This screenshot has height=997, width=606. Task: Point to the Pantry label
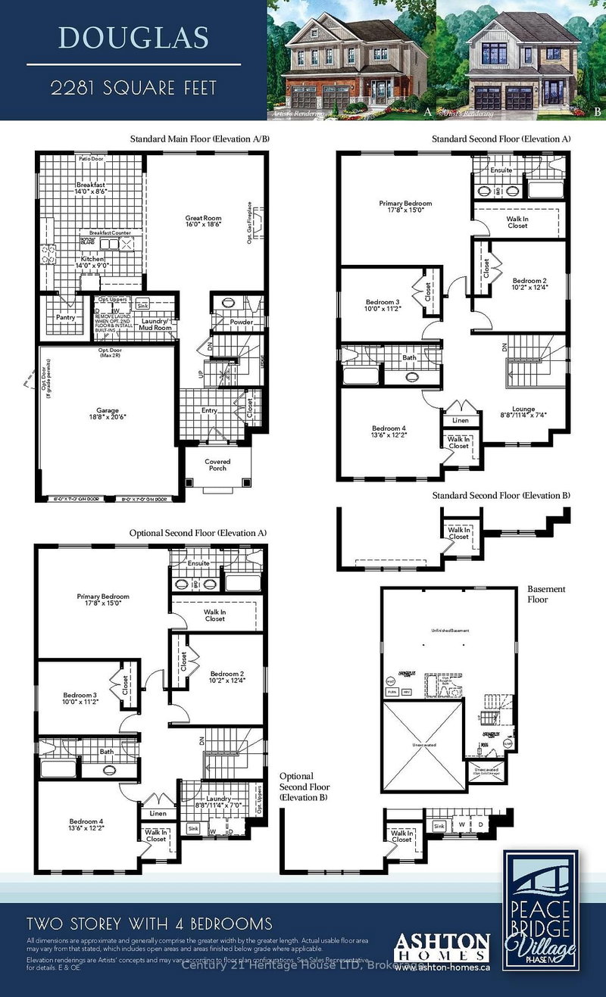(x=65, y=318)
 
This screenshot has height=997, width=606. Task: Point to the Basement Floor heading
(x=546, y=594)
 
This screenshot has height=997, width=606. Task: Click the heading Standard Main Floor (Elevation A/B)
(x=199, y=139)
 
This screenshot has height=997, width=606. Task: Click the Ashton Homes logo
(x=442, y=946)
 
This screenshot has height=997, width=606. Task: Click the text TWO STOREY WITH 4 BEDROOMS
(x=149, y=924)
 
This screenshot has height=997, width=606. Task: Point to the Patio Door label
(x=91, y=160)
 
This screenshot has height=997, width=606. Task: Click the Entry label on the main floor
(x=209, y=410)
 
